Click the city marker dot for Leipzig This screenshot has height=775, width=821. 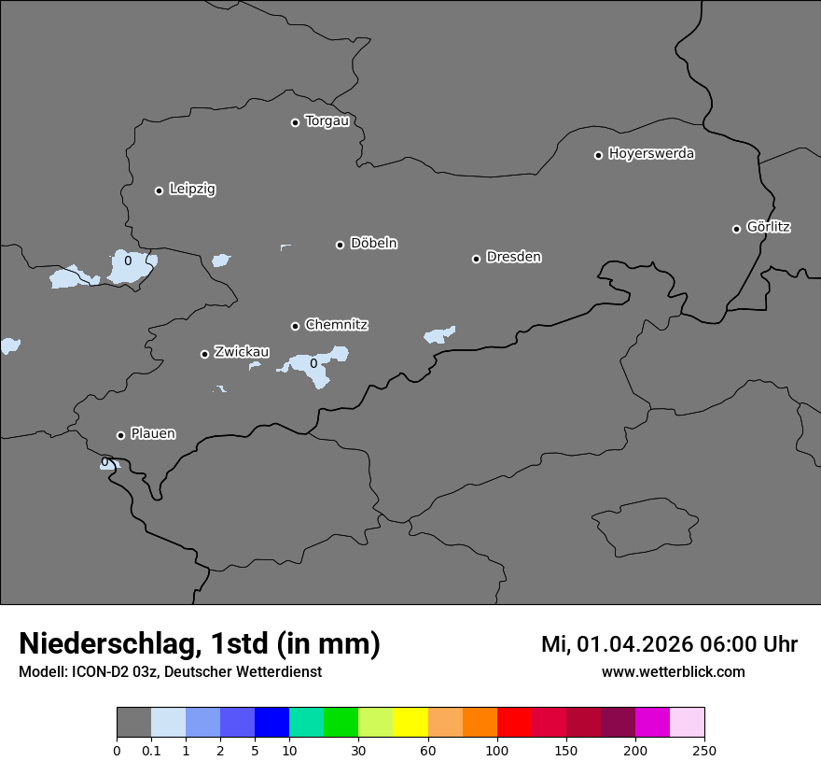tap(159, 190)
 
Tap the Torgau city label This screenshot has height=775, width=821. tap(327, 121)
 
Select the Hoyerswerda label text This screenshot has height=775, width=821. tap(651, 153)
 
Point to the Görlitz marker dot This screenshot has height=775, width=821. tap(736, 229)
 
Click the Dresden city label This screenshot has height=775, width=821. tap(513, 257)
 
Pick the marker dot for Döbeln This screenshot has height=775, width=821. tap(340, 245)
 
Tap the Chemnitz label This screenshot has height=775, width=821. tap(336, 325)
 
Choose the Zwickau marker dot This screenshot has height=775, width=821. tap(204, 354)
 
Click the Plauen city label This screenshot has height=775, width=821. tap(153, 434)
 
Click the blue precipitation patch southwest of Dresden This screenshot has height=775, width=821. tap(438, 334)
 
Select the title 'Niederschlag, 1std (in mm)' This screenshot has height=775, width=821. tap(199, 643)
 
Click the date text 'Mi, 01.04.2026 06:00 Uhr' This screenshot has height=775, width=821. tap(669, 644)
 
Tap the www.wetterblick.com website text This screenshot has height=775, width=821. tap(673, 671)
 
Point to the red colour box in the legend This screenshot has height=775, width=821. tap(514, 723)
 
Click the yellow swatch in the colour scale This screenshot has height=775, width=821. tap(410, 723)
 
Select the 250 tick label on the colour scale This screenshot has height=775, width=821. tap(704, 750)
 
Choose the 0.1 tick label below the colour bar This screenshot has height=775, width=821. tap(151, 750)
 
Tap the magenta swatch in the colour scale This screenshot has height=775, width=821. tap(652, 723)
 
